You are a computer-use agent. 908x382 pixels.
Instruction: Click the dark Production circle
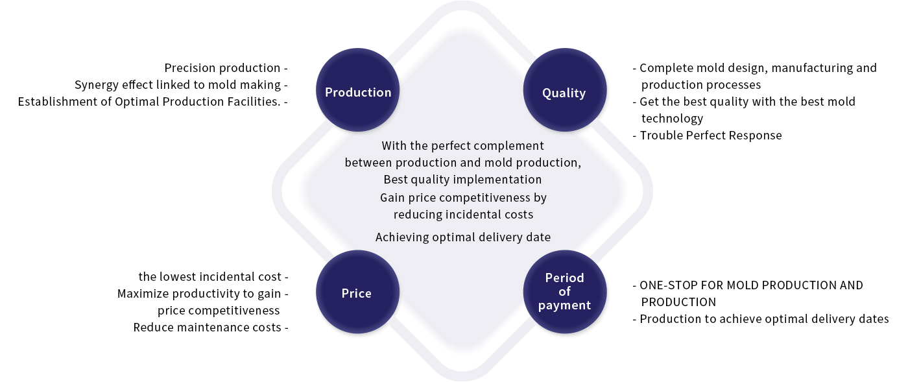tap(357, 90)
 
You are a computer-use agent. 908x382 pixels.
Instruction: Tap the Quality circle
tap(565, 90)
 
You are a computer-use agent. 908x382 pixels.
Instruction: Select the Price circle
tap(357, 292)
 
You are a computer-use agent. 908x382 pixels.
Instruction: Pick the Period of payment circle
tap(565, 292)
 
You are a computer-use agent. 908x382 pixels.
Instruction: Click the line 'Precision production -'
tap(226, 67)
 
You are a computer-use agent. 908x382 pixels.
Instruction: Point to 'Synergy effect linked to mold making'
tap(178, 85)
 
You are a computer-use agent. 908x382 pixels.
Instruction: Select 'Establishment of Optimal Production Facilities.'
tap(149, 101)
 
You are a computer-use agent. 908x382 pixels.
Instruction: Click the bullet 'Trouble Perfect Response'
tap(711, 135)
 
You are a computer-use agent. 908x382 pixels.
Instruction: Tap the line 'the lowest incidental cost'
tap(209, 276)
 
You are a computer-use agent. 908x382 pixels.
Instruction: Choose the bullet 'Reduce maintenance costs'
tap(207, 328)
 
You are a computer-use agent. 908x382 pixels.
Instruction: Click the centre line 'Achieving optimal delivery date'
tap(463, 237)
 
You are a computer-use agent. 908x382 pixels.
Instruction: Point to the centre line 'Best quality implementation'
tap(462, 179)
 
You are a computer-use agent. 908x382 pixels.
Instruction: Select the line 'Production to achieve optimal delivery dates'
tap(764, 318)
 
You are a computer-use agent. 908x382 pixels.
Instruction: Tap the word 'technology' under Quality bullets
tap(672, 119)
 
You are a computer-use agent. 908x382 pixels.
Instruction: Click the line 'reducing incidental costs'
tap(463, 214)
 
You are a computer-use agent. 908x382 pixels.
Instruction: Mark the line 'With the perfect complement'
tap(463, 145)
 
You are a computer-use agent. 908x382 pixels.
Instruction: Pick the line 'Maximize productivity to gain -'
tap(202, 294)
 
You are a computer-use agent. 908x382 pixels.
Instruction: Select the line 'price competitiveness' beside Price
tap(219, 310)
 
